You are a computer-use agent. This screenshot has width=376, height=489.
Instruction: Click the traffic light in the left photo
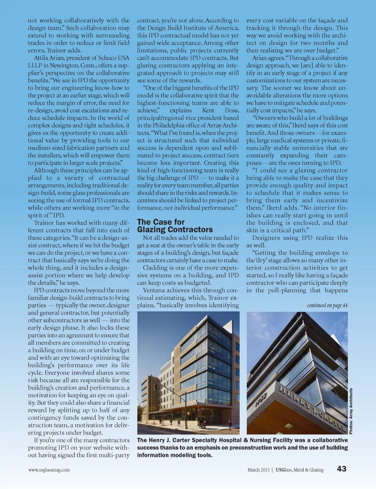click(x=155, y=387)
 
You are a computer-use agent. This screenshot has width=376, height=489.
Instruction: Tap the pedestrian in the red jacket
click(x=230, y=424)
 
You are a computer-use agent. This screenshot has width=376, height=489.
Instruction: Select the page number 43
click(x=341, y=469)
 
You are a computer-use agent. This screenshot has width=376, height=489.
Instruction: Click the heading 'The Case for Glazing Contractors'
click(x=175, y=226)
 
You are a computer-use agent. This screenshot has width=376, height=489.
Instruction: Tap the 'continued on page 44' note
click(x=327, y=305)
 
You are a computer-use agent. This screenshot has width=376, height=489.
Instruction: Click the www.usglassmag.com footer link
click(x=49, y=470)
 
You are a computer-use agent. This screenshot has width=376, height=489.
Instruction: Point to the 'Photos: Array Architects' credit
click(x=351, y=411)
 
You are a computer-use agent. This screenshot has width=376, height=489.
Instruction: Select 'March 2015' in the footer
click(x=258, y=470)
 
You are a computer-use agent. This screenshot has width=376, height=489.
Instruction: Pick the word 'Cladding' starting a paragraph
click(x=155, y=268)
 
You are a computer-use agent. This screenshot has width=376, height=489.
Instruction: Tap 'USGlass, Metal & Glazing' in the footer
click(x=300, y=470)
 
